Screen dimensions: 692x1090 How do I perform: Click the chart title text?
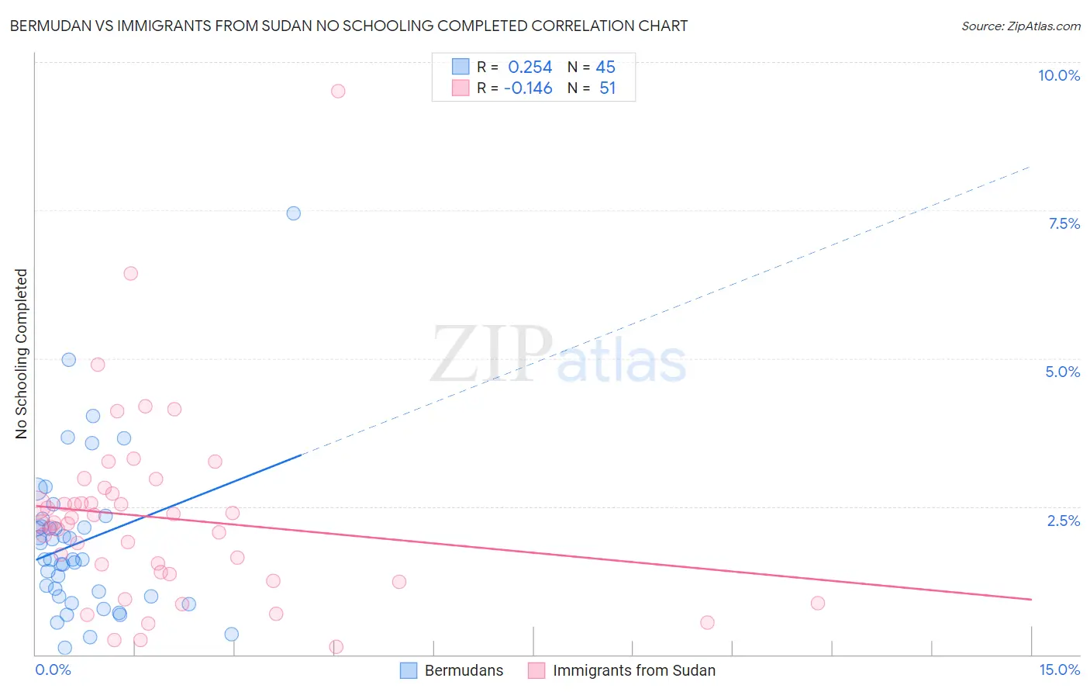pyautogui.click(x=349, y=26)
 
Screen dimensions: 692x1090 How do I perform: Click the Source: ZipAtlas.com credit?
pyautogui.click(x=1020, y=26)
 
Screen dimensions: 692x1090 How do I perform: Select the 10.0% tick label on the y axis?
pyautogui.click(x=1058, y=75)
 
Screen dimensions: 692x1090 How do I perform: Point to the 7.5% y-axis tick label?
pyautogui.click(x=1064, y=223)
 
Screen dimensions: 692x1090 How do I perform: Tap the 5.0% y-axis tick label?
pyautogui.click(x=1062, y=372)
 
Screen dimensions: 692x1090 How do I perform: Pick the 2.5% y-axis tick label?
pyautogui.click(x=1063, y=521)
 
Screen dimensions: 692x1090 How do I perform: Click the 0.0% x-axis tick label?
pyautogui.click(x=53, y=670)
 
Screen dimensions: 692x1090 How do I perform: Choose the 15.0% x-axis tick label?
pyautogui.click(x=1059, y=670)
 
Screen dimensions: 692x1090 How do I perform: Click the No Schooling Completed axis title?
pyautogui.click(x=21, y=354)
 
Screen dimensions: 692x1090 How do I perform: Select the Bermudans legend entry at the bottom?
pyautogui.click(x=464, y=670)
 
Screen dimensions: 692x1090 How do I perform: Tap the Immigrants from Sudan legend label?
pyautogui.click(x=633, y=670)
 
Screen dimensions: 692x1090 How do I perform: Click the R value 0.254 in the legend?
pyautogui.click(x=529, y=67)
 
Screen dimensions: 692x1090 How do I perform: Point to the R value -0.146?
pyautogui.click(x=528, y=88)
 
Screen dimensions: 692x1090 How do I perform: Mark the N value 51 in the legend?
pyautogui.click(x=607, y=88)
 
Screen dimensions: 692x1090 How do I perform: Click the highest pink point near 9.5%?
pyautogui.click(x=338, y=91)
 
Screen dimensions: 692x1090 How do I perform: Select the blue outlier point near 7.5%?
pyautogui.click(x=293, y=213)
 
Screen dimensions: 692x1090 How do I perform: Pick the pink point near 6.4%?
pyautogui.click(x=131, y=273)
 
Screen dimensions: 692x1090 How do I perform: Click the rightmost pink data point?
pyautogui.click(x=817, y=603)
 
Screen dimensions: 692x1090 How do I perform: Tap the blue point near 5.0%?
pyautogui.click(x=69, y=359)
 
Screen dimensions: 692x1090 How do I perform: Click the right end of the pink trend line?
pyautogui.click(x=1031, y=599)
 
